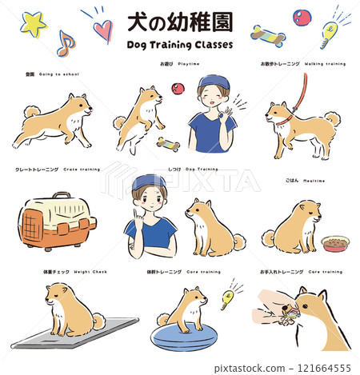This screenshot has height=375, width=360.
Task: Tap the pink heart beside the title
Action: (x=102, y=30)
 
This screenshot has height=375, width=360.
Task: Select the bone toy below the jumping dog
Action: (x=168, y=144)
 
